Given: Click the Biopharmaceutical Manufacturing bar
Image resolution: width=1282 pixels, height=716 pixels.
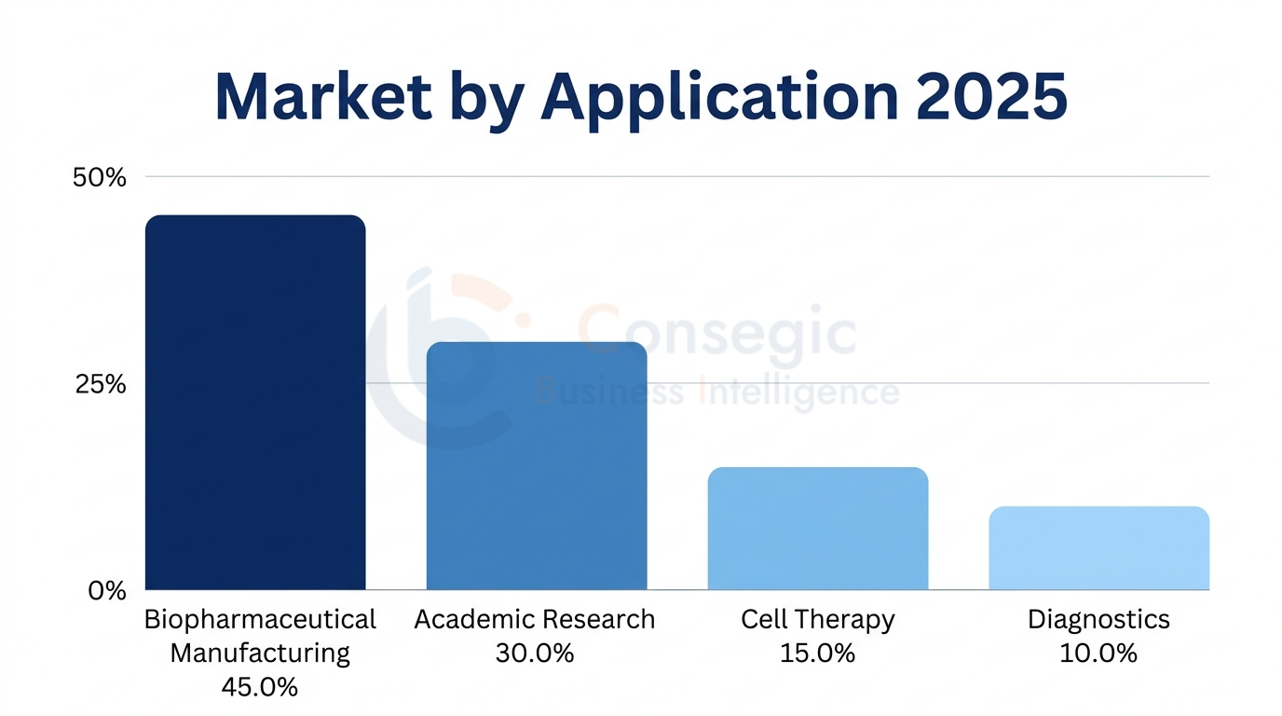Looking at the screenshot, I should pyautogui.click(x=255, y=403).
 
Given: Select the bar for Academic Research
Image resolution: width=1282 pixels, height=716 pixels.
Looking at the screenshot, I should pyautogui.click(x=537, y=466).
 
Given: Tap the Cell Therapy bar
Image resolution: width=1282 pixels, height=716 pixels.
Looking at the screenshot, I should pyautogui.click(x=818, y=529).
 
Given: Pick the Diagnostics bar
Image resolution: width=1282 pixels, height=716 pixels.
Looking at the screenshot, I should pyautogui.click(x=1098, y=548).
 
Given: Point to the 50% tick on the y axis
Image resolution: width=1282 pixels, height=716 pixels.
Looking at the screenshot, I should pyautogui.click(x=99, y=177).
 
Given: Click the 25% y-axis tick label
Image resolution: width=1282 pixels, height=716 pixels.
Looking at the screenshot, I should pyautogui.click(x=99, y=384).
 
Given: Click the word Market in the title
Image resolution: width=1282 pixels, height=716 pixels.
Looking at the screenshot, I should pyautogui.click(x=322, y=96).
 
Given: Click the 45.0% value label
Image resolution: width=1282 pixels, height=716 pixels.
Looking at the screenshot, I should pyautogui.click(x=260, y=687).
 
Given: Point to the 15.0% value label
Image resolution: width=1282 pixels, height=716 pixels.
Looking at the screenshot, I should pyautogui.click(x=817, y=654).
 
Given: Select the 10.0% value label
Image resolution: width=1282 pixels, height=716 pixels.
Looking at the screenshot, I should pyautogui.click(x=1098, y=654).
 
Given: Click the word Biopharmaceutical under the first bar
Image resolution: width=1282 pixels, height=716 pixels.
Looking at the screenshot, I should pyautogui.click(x=260, y=620).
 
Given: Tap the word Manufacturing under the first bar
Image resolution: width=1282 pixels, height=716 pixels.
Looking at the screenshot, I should pyautogui.click(x=260, y=653).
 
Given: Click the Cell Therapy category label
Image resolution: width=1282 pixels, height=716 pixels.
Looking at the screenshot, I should pyautogui.click(x=817, y=620).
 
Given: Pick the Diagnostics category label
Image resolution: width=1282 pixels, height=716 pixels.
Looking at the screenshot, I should pyautogui.click(x=1098, y=620).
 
